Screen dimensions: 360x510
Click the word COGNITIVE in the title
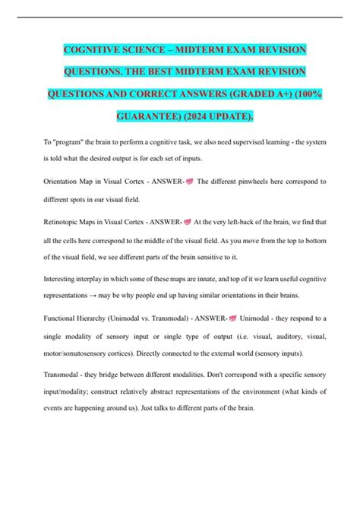[x=95, y=50]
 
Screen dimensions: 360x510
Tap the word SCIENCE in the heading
[x=158, y=50]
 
